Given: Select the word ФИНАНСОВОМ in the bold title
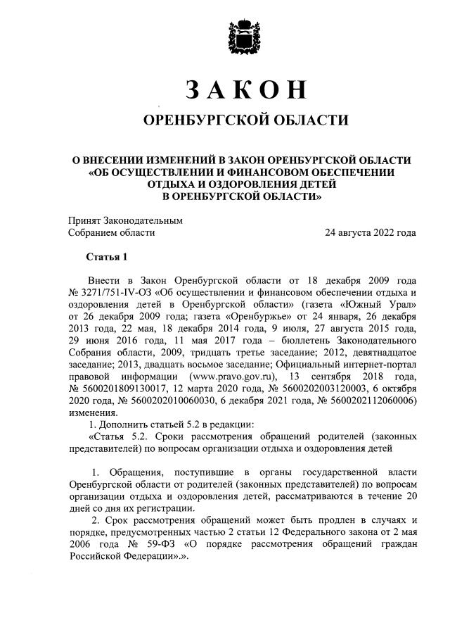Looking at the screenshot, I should tap(271, 171).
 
